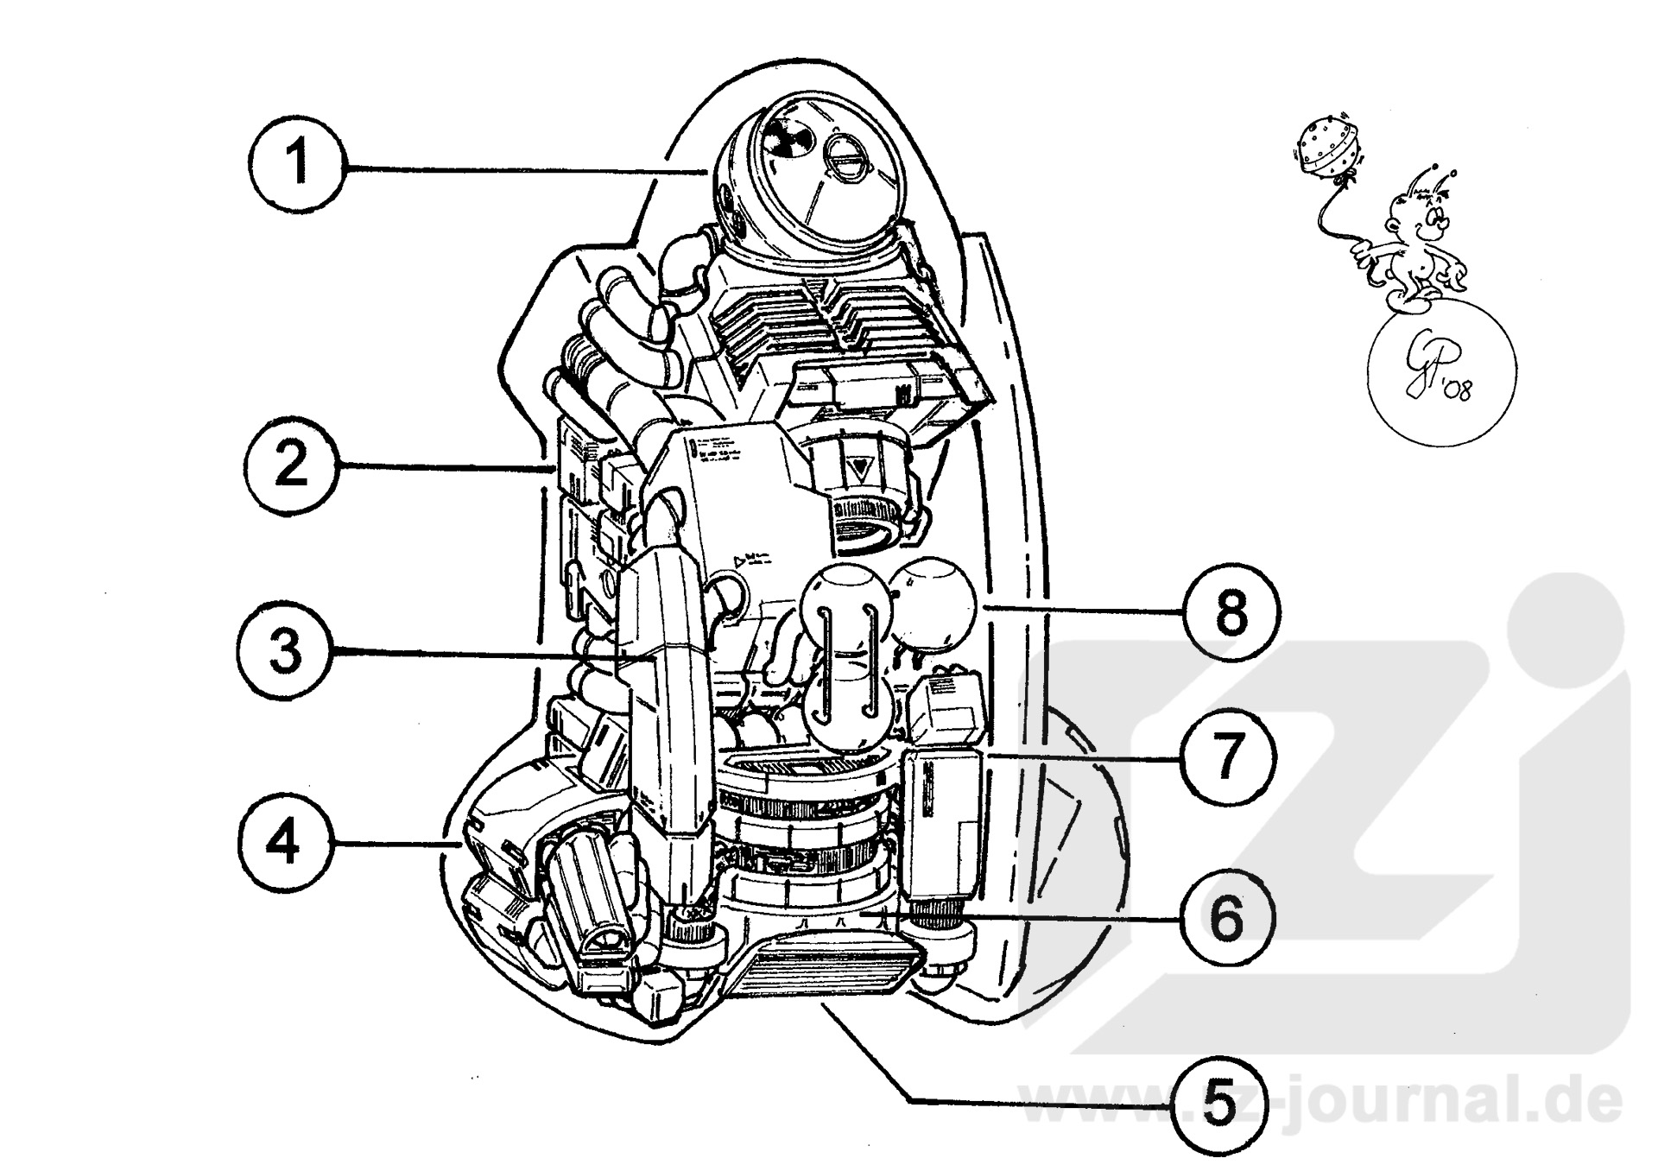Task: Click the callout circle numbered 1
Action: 296,164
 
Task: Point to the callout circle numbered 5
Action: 1218,1105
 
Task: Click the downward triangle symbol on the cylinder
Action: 859,471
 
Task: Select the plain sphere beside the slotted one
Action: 931,602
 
